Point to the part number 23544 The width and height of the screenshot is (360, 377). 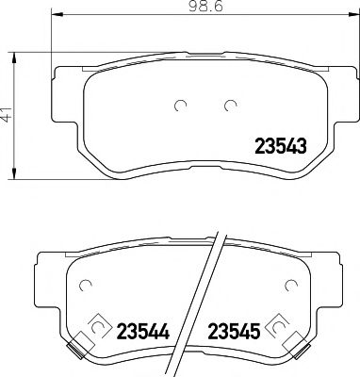coord(142,332)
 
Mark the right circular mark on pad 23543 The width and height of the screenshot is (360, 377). coord(228,105)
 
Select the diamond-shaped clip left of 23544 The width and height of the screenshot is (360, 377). coord(95,329)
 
